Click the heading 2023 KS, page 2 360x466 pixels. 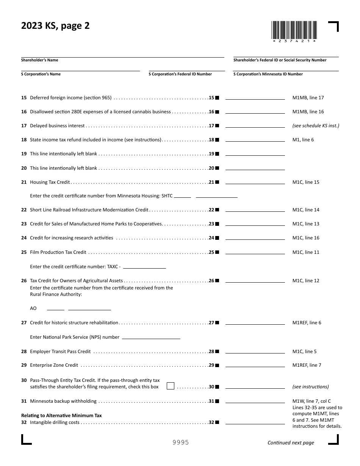(55, 26)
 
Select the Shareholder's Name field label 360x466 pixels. (40, 60)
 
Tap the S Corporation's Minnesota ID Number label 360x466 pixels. (268, 74)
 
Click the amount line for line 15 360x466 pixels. (255, 97)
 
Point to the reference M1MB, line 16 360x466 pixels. (308, 112)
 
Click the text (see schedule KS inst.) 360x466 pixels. (316, 126)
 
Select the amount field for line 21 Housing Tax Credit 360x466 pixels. (255, 182)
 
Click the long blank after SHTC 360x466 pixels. (216, 196)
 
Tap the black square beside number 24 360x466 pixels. (217, 238)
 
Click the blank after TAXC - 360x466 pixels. (145, 266)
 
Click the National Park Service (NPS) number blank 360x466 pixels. (151, 337)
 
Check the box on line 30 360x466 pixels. (171, 386)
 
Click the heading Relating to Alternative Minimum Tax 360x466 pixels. (61, 416)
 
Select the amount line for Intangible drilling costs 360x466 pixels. (255, 422)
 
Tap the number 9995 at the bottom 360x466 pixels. (180, 443)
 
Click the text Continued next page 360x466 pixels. (291, 443)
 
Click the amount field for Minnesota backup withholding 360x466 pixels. (255, 401)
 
